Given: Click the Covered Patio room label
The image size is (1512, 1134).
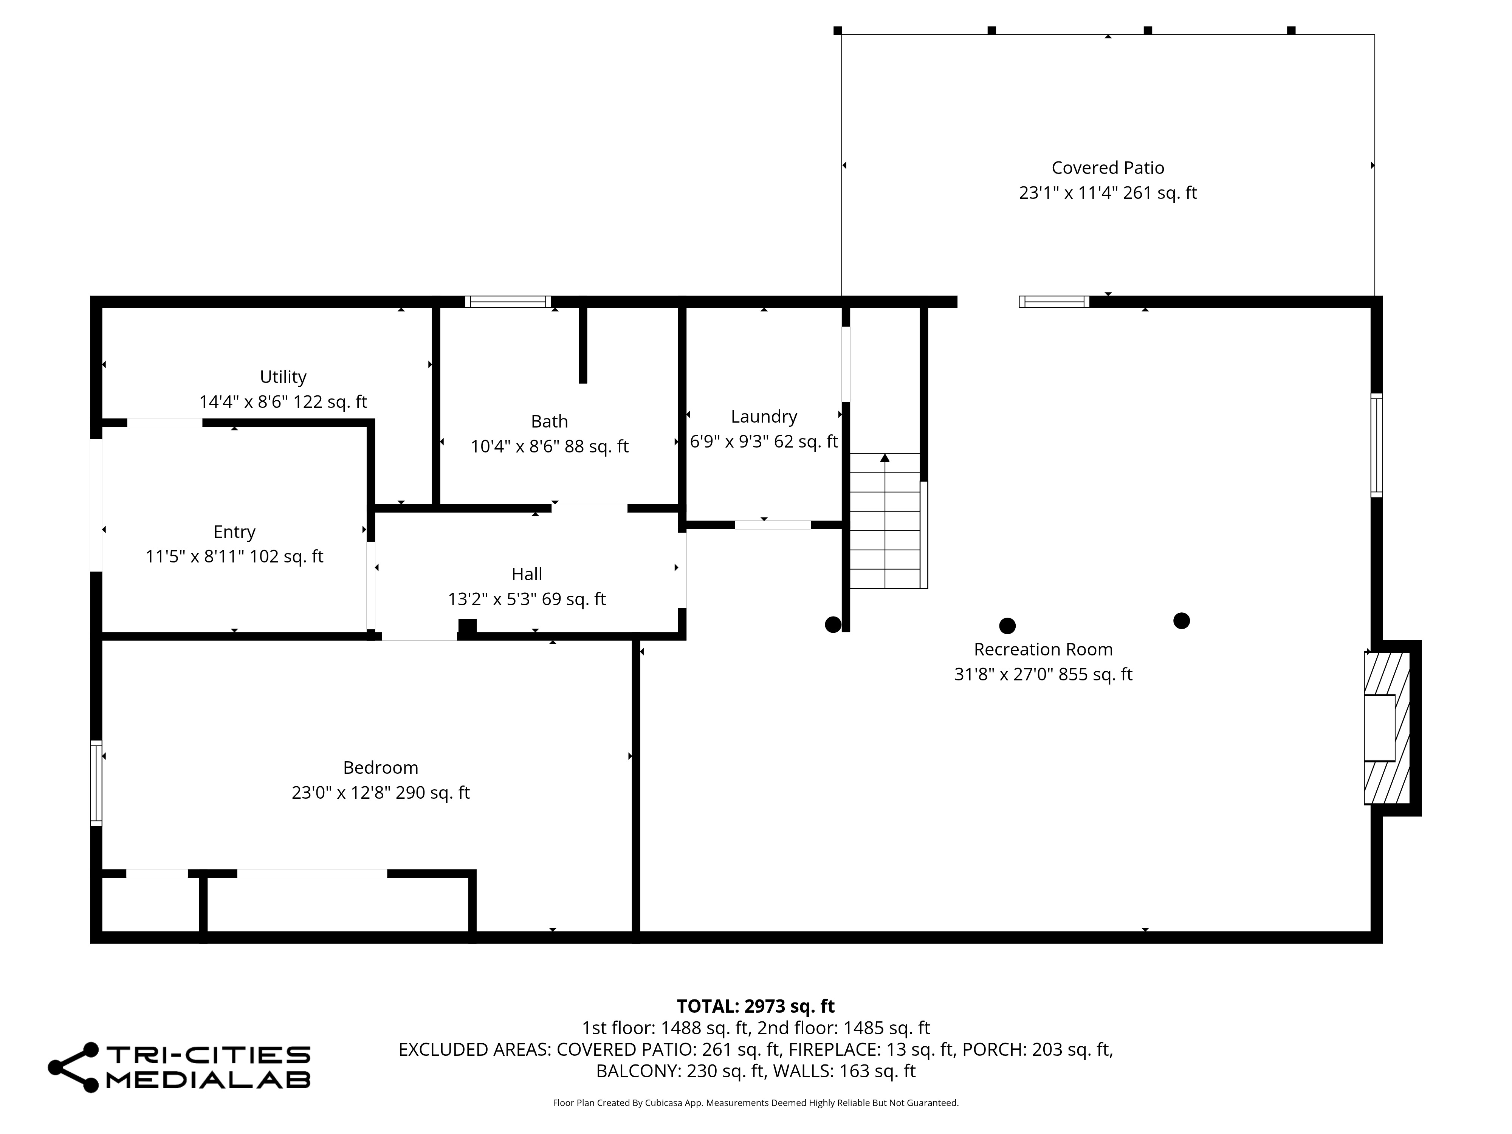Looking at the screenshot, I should tap(1107, 167).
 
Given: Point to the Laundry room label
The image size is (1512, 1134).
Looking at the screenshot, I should tap(764, 416).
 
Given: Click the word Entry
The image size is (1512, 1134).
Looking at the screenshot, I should tap(234, 532).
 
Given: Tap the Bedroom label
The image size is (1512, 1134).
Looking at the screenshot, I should tap(380, 768).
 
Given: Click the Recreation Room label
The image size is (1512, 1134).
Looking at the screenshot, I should tap(1043, 649).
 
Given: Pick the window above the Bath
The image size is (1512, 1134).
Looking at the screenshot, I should tap(508, 301).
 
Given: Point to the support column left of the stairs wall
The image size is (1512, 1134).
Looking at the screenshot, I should tap(833, 625).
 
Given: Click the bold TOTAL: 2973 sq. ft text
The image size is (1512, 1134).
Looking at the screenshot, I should tap(755, 1006).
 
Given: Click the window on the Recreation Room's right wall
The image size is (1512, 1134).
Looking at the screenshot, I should tap(1377, 445).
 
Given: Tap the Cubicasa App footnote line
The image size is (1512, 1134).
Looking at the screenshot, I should tap(755, 1103).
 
